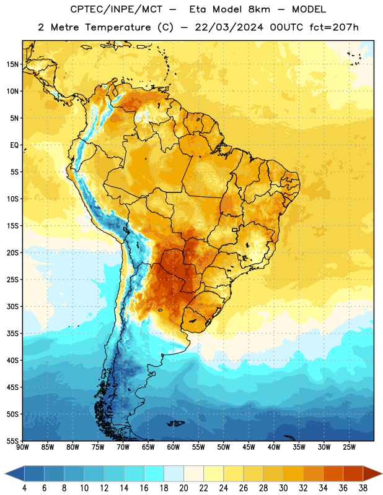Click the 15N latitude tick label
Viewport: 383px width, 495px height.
pyautogui.click(x=12, y=64)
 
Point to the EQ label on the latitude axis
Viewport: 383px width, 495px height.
pyautogui.click(x=14, y=145)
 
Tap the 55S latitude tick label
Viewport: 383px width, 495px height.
pyautogui.click(x=12, y=441)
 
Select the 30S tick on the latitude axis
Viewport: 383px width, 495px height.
pyautogui.click(x=12, y=306)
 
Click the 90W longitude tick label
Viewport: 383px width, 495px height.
pyautogui.click(x=22, y=447)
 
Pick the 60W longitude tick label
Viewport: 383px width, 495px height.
pyautogui.click(x=174, y=447)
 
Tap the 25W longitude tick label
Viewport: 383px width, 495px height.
pyautogui.click(x=349, y=447)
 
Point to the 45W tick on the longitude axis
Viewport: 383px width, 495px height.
pyautogui.click(x=249, y=447)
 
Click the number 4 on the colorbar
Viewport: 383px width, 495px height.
pyautogui.click(x=24, y=488)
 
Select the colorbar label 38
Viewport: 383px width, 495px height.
pyautogui.click(x=363, y=488)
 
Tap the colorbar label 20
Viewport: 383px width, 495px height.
pyautogui.click(x=183, y=488)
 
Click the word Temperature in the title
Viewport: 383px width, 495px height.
pyautogui.click(x=118, y=27)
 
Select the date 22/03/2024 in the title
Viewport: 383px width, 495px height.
pyautogui.click(x=229, y=27)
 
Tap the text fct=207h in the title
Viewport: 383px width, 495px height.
pyautogui.click(x=334, y=27)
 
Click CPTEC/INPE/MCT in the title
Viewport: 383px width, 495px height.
pyautogui.click(x=117, y=9)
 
